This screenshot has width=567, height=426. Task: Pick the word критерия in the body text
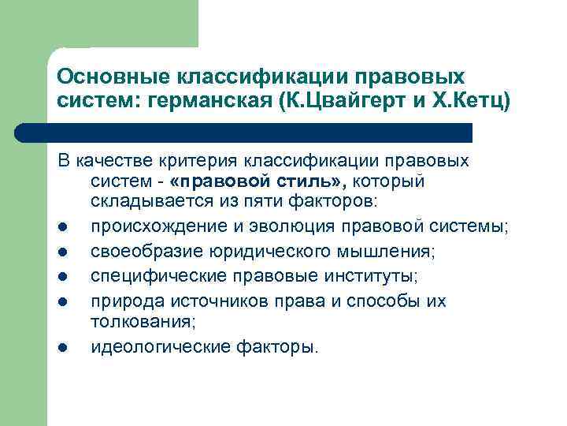(212, 161)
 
